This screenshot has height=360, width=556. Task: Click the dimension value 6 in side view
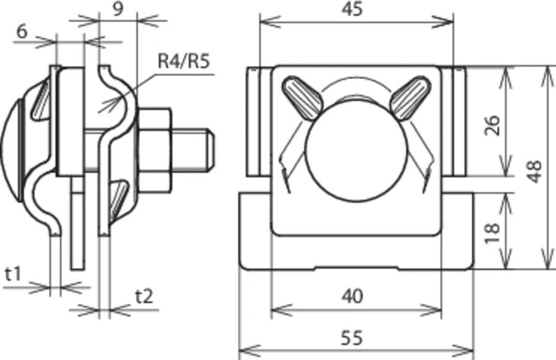[x=22, y=31]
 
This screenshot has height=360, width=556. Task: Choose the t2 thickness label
[x=144, y=296]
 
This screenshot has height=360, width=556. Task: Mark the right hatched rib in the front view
[x=408, y=98]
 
